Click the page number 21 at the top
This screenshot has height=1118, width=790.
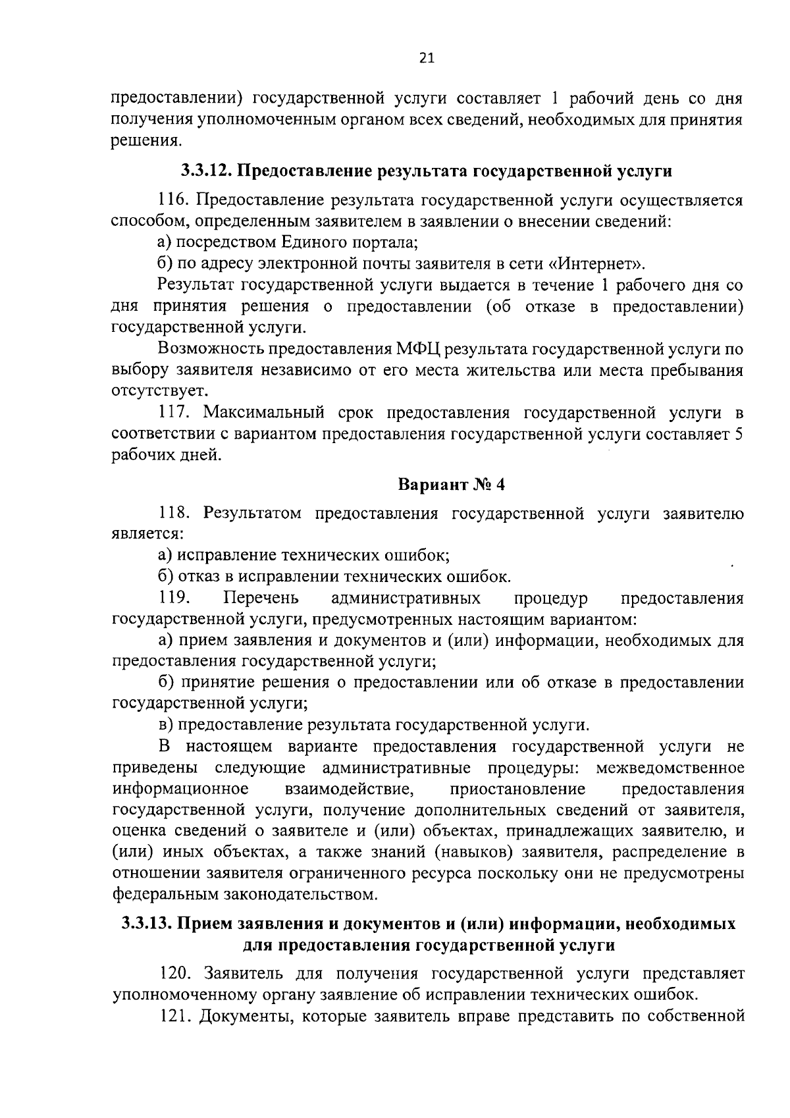(x=427, y=59)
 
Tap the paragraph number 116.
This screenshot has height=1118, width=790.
(x=173, y=200)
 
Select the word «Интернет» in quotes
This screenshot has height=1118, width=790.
(x=596, y=264)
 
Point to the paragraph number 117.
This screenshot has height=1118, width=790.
(x=175, y=413)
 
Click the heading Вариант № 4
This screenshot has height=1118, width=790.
(x=451, y=485)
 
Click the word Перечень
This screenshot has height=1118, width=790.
(x=262, y=598)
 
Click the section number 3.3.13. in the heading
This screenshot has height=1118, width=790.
(x=147, y=924)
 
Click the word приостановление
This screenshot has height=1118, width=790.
(x=517, y=789)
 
